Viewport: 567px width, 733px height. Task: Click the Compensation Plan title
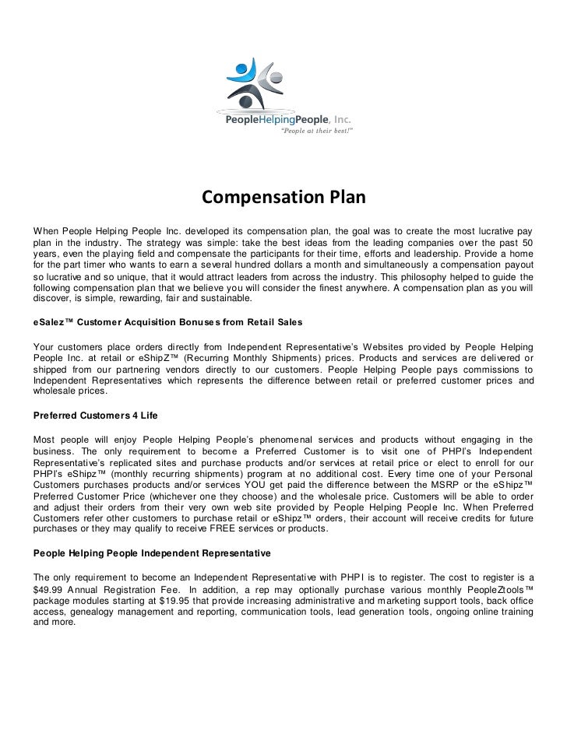283,198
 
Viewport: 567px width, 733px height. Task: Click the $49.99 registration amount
49,590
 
